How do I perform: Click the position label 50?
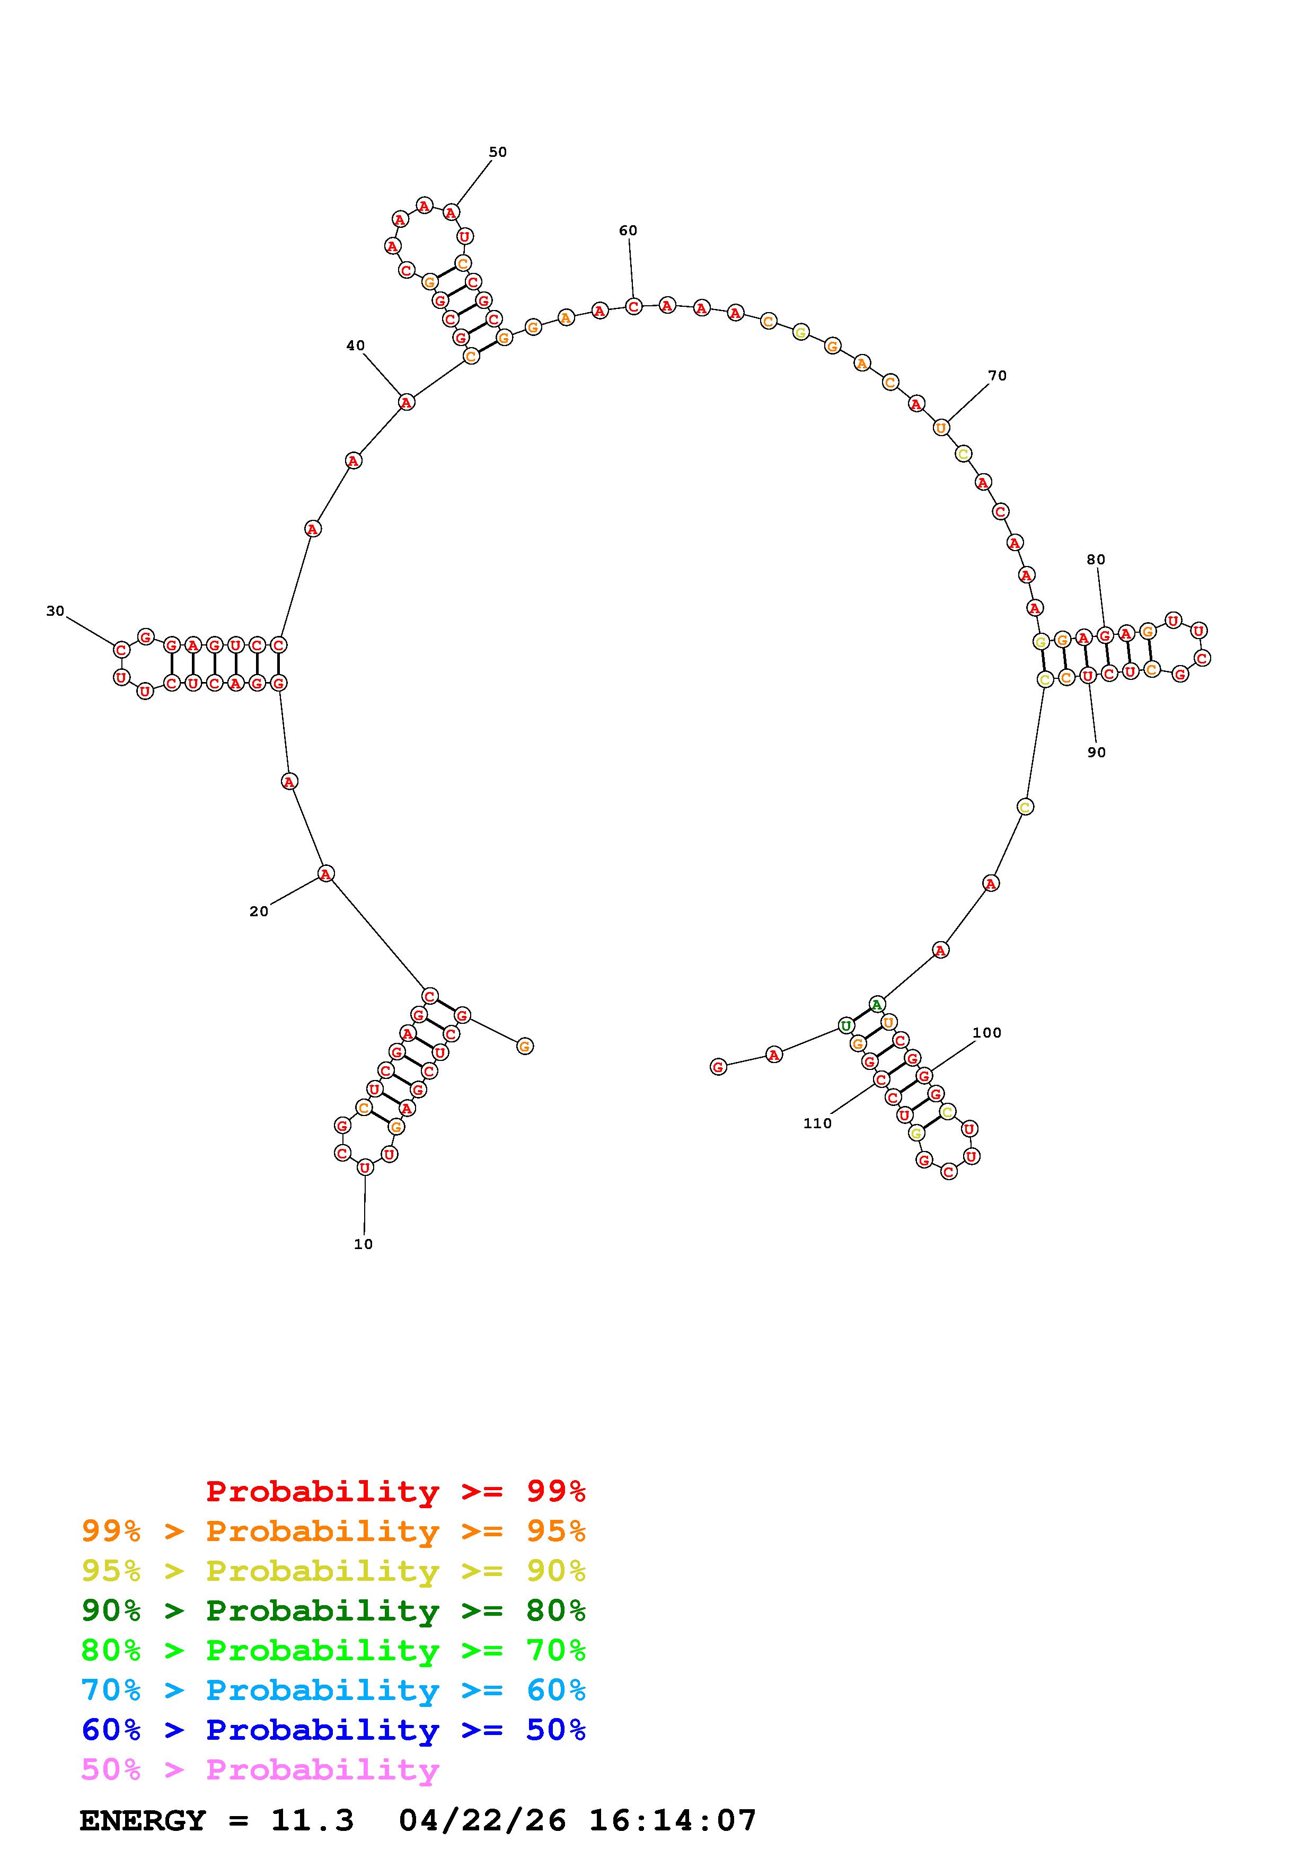click(497, 152)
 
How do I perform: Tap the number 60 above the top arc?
click(628, 231)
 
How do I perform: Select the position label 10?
click(364, 1244)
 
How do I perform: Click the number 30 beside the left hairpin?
click(55, 612)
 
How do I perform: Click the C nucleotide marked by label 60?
click(633, 307)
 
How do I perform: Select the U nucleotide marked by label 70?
click(941, 428)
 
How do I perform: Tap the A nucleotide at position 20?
click(325, 874)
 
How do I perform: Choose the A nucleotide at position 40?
click(407, 402)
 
